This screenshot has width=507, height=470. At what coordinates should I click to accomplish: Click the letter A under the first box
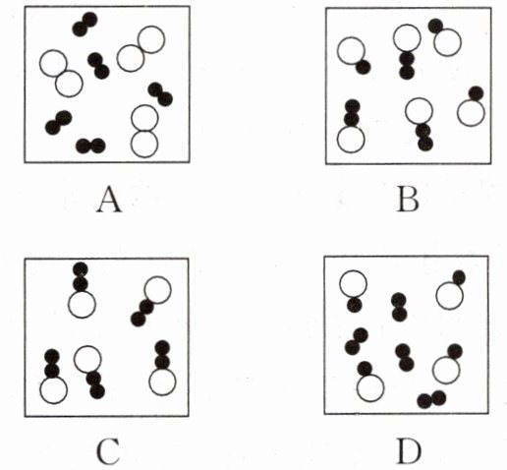pos(109,201)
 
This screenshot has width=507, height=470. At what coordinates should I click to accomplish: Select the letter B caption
pos(408,201)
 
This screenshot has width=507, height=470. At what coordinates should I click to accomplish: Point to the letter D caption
pos(408,453)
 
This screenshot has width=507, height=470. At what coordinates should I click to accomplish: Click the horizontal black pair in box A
pos(90,146)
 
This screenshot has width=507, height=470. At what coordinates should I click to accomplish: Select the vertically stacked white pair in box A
pos(144,131)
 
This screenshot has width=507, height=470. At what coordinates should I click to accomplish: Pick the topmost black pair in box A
pos(84,24)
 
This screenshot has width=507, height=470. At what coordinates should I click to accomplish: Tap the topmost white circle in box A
pos(151,39)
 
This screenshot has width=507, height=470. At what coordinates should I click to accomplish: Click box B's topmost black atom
pos(435,26)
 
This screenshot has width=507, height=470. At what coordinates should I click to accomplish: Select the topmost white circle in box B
pos(407,37)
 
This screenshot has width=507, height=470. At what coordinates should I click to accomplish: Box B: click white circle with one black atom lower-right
pos(351,51)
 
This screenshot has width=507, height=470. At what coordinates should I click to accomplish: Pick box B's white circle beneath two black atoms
pos(351,140)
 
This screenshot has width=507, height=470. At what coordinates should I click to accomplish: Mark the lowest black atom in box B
pos(425,144)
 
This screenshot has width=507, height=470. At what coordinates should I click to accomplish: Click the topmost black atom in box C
pos(81,269)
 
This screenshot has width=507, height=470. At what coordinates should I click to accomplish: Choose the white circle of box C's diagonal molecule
pos(157,290)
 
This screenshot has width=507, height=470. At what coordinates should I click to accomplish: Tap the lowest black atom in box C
pos(97,391)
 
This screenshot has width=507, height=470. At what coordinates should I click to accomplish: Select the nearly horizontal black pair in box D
pos(431,399)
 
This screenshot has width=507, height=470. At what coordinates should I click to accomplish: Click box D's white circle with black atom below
pos(353,284)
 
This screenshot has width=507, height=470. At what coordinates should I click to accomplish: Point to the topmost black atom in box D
pos(459,277)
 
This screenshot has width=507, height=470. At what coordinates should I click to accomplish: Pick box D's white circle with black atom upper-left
pos(370,388)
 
